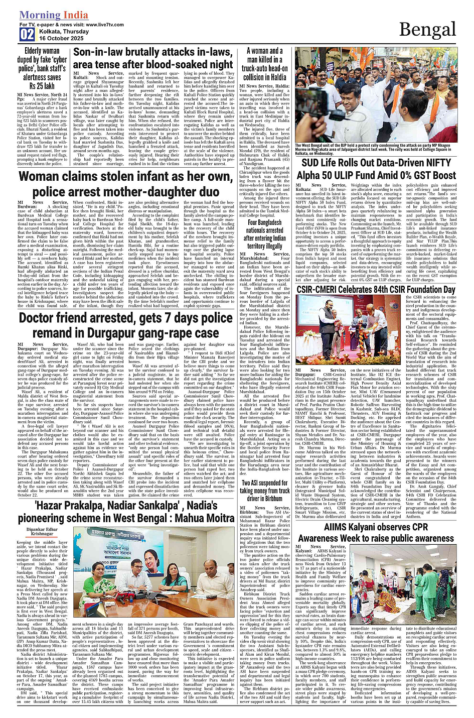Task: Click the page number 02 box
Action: (27, 34)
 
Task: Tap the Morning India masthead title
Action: (54, 15)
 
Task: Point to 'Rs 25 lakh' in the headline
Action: (42, 86)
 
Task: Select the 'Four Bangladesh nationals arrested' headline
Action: (264, 234)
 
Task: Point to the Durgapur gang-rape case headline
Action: (118, 325)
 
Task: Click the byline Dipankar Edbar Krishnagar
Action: (42, 532)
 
